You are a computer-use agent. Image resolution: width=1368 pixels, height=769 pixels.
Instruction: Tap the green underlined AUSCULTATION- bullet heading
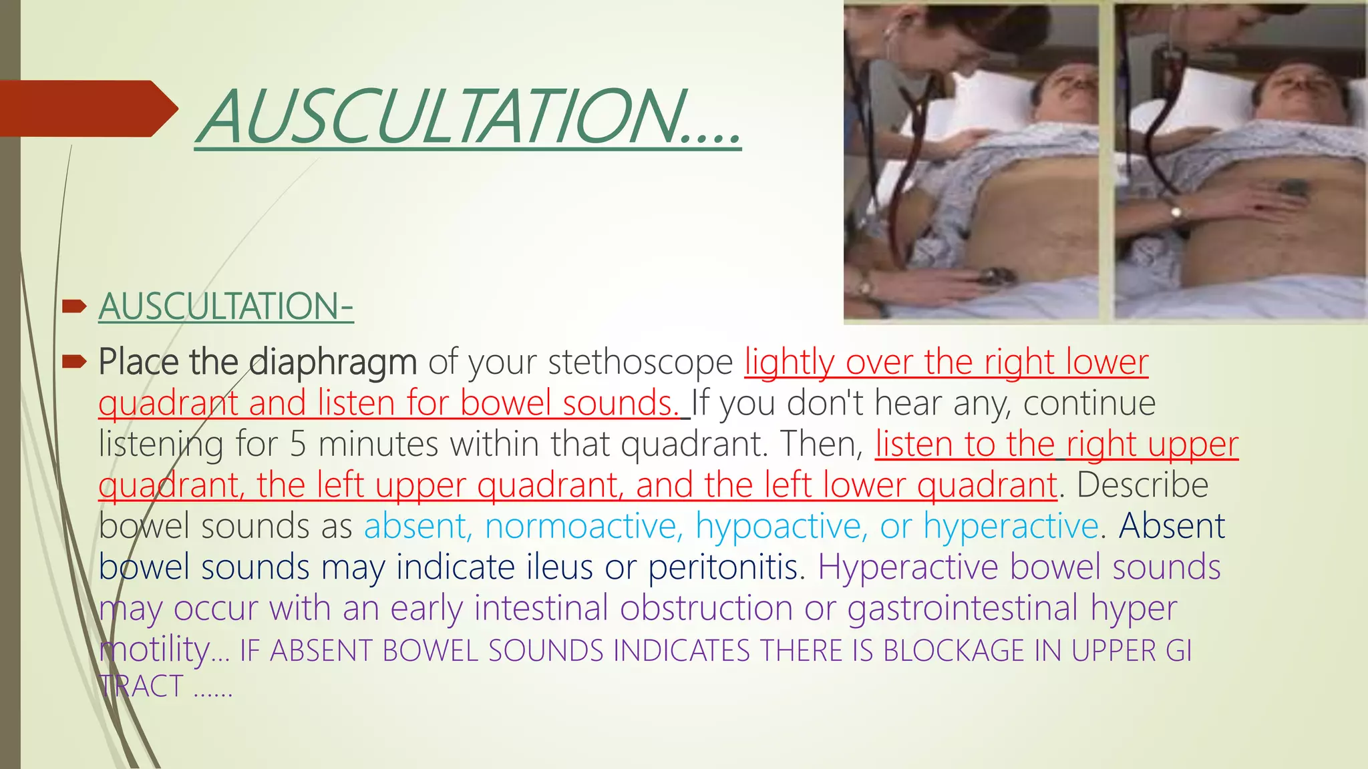point(226,306)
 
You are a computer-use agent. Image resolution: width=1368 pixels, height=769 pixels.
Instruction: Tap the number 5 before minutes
point(297,445)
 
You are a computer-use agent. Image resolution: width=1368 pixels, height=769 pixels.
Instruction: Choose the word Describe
point(1142,485)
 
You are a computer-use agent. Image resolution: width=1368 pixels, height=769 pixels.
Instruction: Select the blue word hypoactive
point(781,526)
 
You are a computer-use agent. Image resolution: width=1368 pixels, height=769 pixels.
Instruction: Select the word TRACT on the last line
point(141,687)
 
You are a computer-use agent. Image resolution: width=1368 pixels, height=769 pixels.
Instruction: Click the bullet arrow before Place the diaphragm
point(74,362)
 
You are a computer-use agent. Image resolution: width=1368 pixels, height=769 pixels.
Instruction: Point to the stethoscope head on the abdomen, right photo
point(1296,188)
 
